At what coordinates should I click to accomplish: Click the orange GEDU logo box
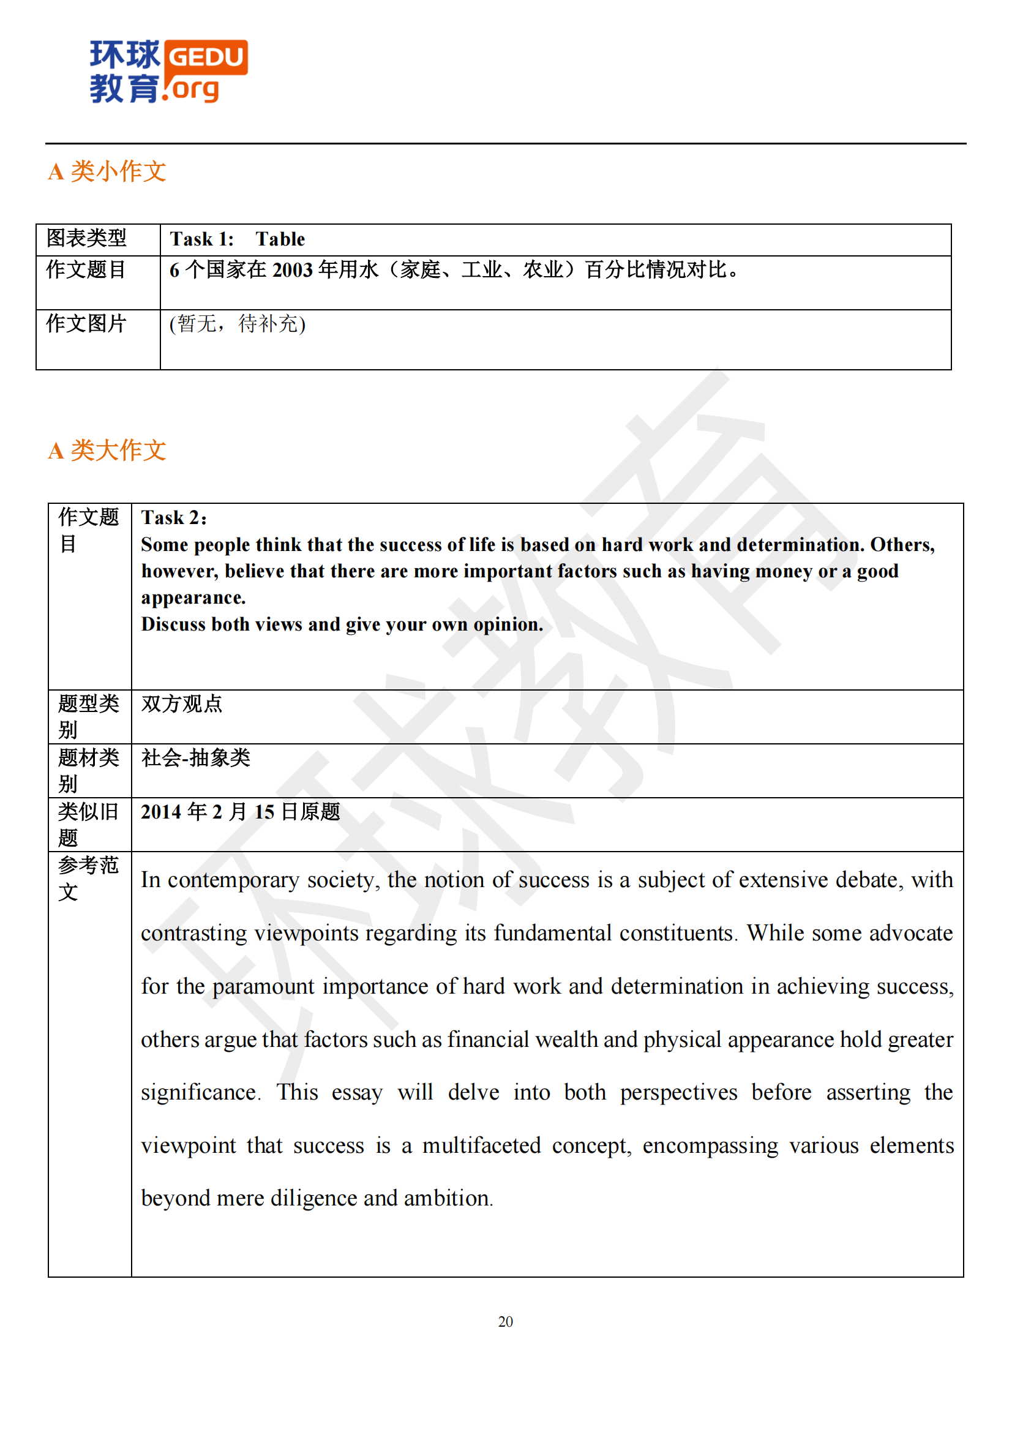[x=206, y=58]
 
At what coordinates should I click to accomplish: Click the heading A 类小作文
[x=107, y=171]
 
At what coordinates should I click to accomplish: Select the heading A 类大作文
[x=107, y=451]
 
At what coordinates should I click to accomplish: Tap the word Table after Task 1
[x=280, y=239]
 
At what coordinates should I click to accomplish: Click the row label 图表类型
[x=87, y=238]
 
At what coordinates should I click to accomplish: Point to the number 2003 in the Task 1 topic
[x=293, y=270]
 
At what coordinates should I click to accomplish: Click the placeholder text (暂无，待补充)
[x=238, y=324]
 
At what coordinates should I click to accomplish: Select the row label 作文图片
[x=87, y=324]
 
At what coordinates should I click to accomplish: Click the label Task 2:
[x=174, y=518]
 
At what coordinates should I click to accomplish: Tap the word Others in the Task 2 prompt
[x=902, y=545]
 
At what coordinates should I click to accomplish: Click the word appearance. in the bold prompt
[x=193, y=598]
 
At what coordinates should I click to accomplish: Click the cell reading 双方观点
[x=181, y=704]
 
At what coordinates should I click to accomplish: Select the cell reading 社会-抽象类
[x=196, y=759]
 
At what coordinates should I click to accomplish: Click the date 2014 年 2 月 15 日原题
[x=241, y=812]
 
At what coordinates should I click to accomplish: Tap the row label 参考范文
[x=89, y=878]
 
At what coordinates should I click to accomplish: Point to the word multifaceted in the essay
[x=481, y=1145]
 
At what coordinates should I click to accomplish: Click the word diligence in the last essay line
[x=313, y=1199]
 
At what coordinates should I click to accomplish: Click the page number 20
[x=506, y=1322]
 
